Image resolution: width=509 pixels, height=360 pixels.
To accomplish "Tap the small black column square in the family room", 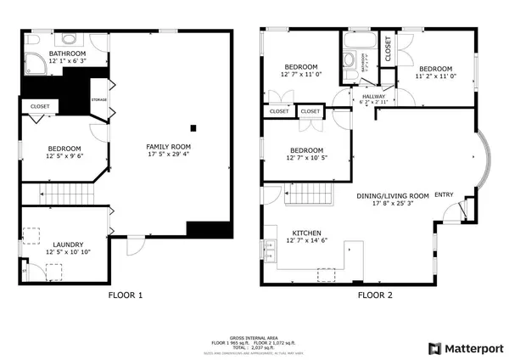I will pos(194,128).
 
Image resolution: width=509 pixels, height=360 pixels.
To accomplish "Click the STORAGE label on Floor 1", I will pos(98,100).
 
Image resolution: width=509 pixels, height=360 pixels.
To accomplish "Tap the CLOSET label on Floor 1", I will pos(40,106).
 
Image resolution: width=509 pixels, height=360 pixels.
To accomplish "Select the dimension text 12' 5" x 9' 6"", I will pos(64,155).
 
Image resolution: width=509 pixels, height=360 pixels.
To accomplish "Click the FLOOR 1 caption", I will pos(125,295).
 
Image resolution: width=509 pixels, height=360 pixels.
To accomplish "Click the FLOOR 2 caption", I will pos(375,295).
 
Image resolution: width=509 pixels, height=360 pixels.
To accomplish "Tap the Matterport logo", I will pos(466,348).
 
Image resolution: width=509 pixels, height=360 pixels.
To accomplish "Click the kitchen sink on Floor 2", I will pos(272,249).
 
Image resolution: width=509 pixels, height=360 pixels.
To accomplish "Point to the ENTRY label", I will pos(444,195).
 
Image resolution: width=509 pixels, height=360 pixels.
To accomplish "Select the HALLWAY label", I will pos(373,97).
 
